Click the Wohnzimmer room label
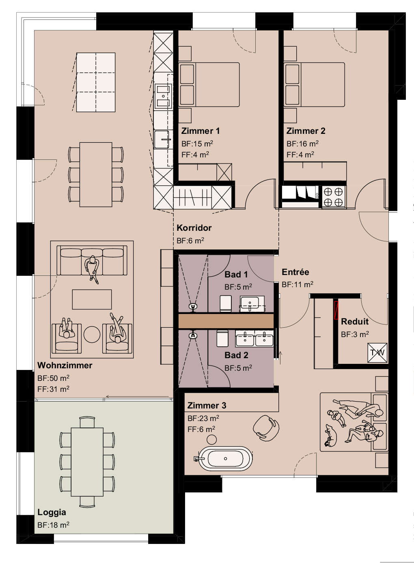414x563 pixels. (x=65, y=365)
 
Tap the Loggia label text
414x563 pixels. (x=52, y=512)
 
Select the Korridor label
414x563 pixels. (x=194, y=228)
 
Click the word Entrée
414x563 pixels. (x=295, y=272)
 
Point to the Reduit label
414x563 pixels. (x=355, y=321)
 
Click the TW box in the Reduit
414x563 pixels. (x=377, y=352)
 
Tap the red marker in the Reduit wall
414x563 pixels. (x=336, y=310)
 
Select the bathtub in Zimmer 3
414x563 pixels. (x=225, y=458)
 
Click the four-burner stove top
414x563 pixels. (x=333, y=197)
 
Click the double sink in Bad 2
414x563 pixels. (x=254, y=338)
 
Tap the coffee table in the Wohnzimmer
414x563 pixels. (x=92, y=299)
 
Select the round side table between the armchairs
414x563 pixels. (x=92, y=335)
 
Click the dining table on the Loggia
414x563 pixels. (x=87, y=462)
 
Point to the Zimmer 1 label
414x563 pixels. (x=200, y=131)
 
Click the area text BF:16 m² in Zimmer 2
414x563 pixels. (x=302, y=144)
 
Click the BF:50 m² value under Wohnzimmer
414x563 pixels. (x=53, y=378)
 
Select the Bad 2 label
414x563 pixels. (x=236, y=355)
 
